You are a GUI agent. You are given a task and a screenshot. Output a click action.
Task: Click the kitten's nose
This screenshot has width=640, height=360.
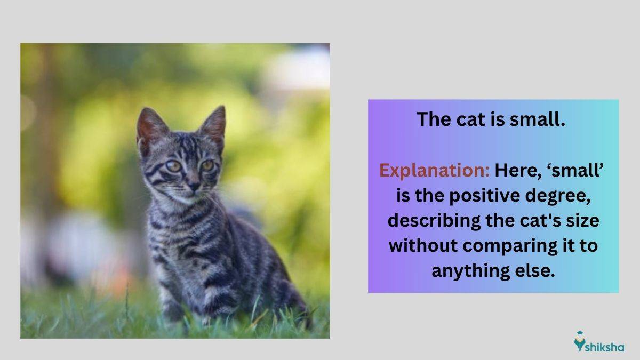[x=194, y=186]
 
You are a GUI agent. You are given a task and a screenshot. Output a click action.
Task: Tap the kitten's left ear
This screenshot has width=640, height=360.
[x=151, y=126]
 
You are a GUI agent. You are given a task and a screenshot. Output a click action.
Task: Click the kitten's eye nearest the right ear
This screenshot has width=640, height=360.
[x=207, y=165]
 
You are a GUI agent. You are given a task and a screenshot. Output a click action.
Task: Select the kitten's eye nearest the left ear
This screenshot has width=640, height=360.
[x=174, y=166]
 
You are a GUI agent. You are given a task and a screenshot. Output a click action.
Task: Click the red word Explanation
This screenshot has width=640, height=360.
[x=434, y=171]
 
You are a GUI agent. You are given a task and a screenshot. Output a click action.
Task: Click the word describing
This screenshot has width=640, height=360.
[x=434, y=221]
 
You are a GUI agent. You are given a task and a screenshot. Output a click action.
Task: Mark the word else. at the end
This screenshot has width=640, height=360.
[x=535, y=270]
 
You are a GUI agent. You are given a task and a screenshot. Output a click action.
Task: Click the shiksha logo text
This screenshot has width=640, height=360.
[x=605, y=348]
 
